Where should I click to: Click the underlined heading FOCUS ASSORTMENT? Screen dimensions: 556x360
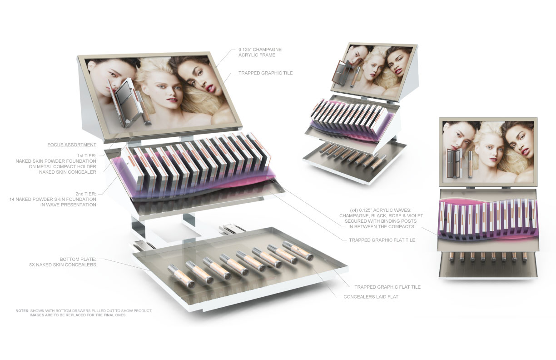coord(72,145)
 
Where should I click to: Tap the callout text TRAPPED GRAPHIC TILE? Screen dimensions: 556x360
coord(266,73)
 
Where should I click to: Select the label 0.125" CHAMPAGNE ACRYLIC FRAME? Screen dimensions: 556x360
coord(260,52)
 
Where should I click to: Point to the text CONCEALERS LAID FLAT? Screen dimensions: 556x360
coord(371,297)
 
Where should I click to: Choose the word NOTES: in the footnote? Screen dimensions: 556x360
coord(22,311)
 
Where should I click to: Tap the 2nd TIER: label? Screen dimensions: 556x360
coord(86,194)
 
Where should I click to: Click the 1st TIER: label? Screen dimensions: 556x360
coord(87,156)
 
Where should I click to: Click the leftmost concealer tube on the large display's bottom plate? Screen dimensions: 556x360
coord(181,276)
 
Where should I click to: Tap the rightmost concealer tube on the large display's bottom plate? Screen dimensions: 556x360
coord(298,250)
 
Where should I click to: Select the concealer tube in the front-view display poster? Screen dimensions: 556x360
coord(470,164)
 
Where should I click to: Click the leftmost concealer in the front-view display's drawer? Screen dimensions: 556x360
coord(452,257)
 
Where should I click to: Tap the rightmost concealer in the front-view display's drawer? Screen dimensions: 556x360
coord(524,257)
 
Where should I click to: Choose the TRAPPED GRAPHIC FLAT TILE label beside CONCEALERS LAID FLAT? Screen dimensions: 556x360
coord(387,287)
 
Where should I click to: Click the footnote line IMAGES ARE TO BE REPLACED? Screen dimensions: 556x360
coord(78,315)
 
